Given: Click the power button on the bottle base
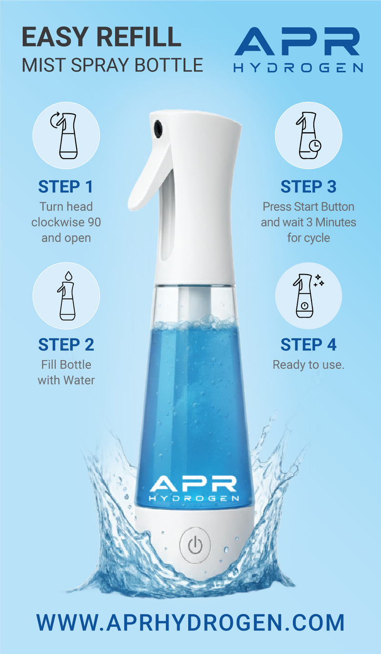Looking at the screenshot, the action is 195,545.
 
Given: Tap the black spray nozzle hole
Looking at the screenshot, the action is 158,128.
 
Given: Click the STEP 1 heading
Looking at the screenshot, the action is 66,187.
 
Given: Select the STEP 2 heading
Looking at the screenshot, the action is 66,345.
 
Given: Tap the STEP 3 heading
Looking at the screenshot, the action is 308,187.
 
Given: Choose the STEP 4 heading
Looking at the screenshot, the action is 308,345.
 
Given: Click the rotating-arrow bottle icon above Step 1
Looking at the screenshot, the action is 66,136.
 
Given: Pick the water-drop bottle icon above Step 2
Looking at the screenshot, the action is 67,296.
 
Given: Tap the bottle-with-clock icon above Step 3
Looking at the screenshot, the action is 308,136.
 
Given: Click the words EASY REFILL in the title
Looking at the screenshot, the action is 101,37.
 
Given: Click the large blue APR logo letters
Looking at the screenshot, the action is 297,41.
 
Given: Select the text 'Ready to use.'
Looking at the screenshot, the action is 308,365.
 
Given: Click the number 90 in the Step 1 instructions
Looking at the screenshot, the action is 94,222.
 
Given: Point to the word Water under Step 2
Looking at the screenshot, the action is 79,380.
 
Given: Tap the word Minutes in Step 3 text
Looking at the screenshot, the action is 336,222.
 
